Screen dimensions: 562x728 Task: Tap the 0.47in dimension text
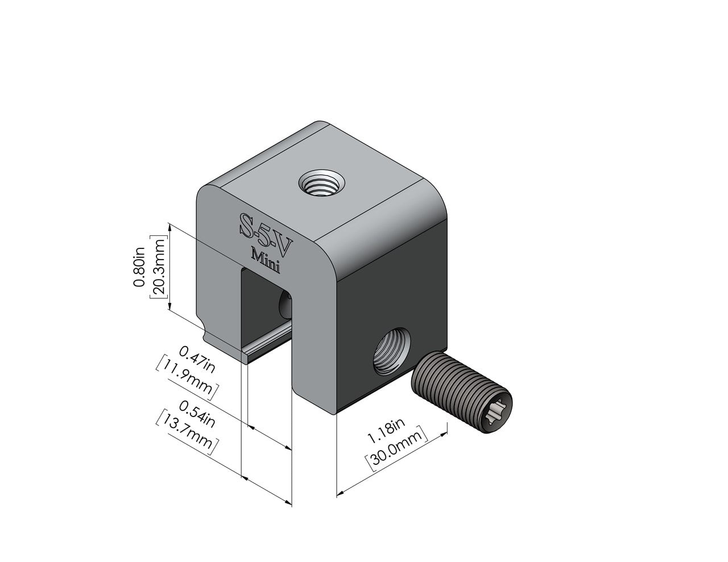point(197,359)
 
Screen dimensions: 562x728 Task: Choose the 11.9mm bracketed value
point(187,377)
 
